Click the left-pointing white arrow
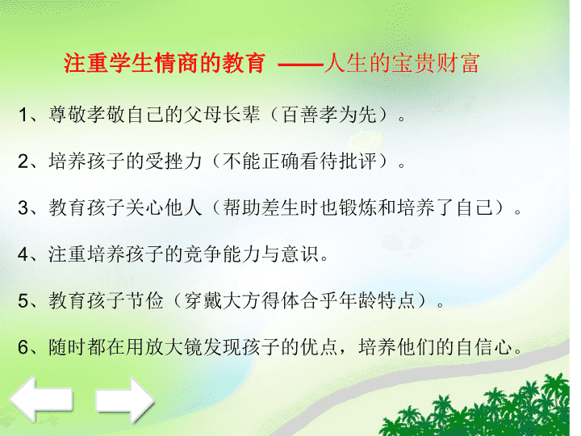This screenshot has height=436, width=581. click(40, 400)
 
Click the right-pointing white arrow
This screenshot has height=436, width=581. click(124, 400)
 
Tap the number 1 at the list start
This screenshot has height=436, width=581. click(23, 115)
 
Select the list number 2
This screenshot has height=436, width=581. click(23, 161)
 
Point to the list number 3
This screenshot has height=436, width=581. click(23, 208)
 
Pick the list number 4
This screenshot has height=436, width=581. click(23, 254)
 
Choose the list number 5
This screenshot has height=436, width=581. click(23, 300)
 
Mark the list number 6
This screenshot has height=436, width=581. click(23, 347)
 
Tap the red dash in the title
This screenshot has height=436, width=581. click(300, 65)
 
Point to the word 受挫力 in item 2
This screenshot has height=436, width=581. click(173, 161)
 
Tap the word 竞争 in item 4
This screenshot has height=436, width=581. click(202, 254)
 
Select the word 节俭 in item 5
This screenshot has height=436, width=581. click(144, 300)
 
